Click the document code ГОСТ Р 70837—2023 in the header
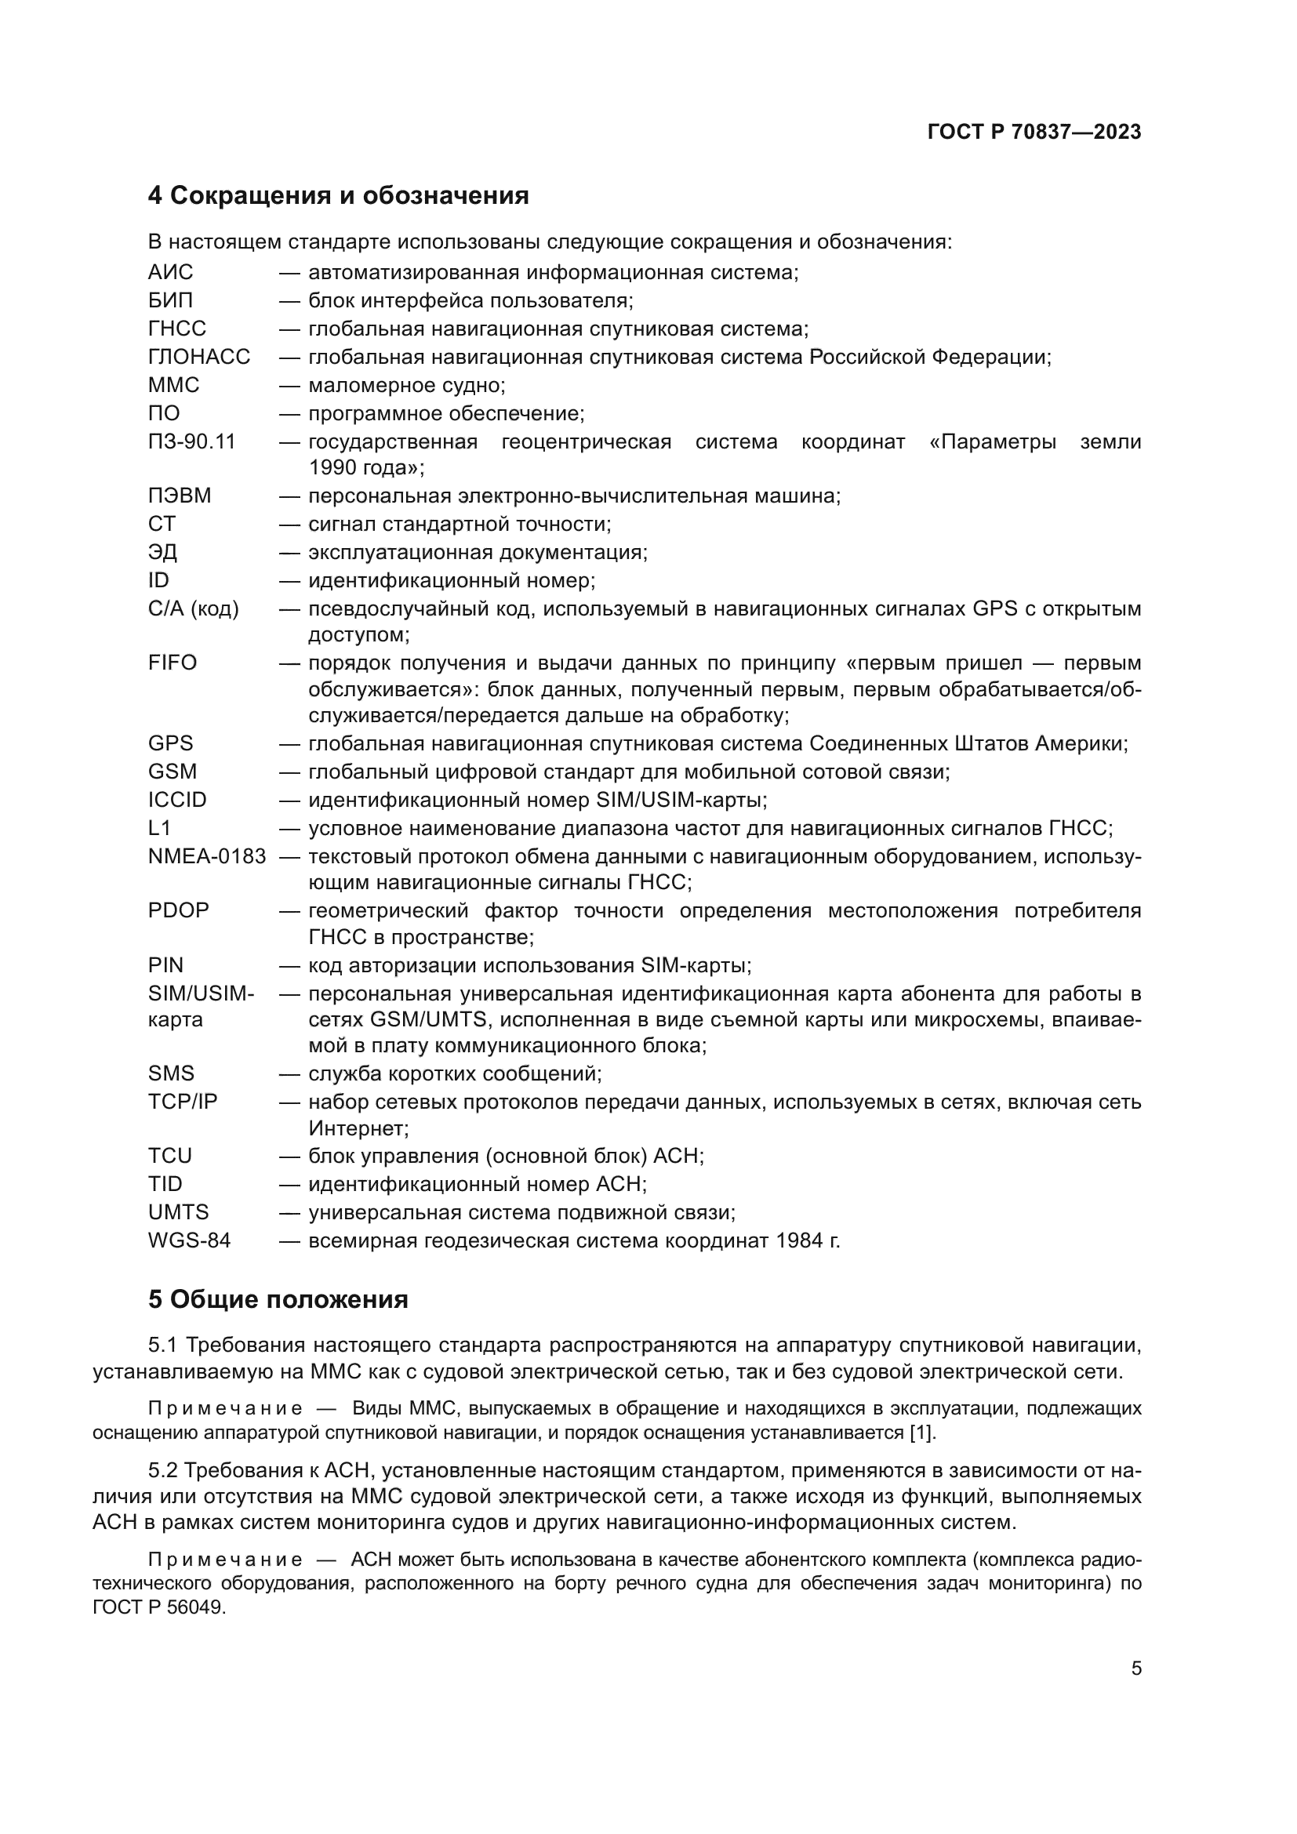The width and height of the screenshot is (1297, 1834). (x=1034, y=133)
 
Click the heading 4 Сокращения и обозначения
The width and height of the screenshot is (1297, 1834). (x=338, y=196)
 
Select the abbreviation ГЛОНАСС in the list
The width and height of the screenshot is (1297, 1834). (x=199, y=357)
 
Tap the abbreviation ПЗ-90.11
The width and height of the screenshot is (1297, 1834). (x=191, y=441)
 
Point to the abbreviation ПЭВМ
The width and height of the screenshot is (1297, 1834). (x=180, y=496)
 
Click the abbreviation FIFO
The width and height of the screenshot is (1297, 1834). (x=173, y=663)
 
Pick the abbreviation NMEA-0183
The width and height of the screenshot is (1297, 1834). (x=207, y=857)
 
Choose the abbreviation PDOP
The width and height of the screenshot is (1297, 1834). (x=178, y=910)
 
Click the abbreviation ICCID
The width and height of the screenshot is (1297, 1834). (x=177, y=801)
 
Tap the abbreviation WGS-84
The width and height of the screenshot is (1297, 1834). (x=189, y=1241)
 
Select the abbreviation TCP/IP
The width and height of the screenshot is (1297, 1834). (x=183, y=1102)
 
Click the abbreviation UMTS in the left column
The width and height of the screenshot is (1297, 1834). (x=178, y=1212)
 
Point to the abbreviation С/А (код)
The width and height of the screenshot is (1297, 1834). (x=193, y=609)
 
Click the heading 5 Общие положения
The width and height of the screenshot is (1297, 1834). (x=278, y=1299)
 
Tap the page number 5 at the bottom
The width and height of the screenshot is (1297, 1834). (x=1135, y=1669)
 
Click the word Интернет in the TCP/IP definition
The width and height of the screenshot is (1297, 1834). (x=358, y=1128)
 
